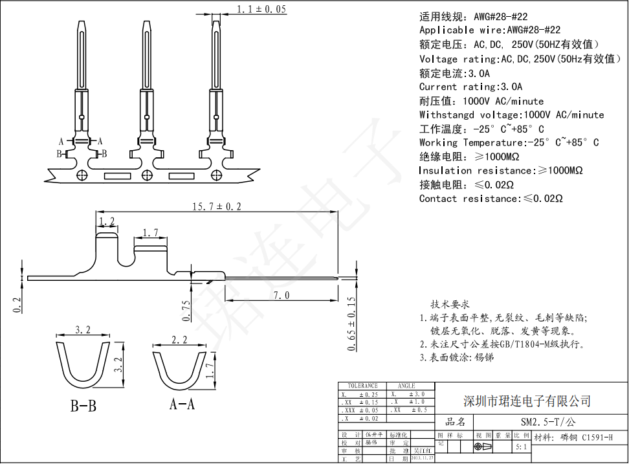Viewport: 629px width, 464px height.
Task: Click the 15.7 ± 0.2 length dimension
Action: coord(216,206)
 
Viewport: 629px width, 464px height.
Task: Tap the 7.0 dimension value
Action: coord(281,295)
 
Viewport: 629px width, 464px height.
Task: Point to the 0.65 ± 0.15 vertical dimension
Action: coord(352,324)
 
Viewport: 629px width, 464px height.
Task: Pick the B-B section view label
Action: coord(83,406)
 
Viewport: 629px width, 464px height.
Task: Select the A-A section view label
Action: coord(182,405)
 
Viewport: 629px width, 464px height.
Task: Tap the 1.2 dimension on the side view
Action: coord(107,222)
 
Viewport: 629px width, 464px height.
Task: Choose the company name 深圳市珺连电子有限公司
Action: coord(527,401)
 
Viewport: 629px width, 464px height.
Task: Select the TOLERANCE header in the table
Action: coord(362,385)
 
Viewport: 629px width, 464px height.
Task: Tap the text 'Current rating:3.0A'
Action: coord(470,87)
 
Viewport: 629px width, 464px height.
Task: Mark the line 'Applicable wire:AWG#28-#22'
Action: coord(489,30)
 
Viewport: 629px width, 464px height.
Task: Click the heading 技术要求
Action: coord(450,304)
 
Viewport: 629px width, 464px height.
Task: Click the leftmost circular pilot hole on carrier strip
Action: coord(82,175)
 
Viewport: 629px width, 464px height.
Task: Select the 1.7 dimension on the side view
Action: coord(150,232)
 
